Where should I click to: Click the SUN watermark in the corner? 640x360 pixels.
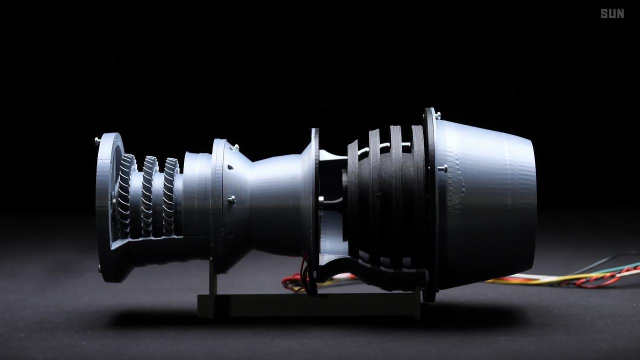click(x=612, y=13)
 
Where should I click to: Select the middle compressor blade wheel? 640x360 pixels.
click(x=148, y=196)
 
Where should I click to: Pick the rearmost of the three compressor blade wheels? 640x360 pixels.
click(x=170, y=196)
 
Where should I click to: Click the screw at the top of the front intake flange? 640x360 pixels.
click(x=97, y=140)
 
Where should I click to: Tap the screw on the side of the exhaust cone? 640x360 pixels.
click(x=442, y=168)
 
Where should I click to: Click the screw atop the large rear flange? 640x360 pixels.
click(x=437, y=115)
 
